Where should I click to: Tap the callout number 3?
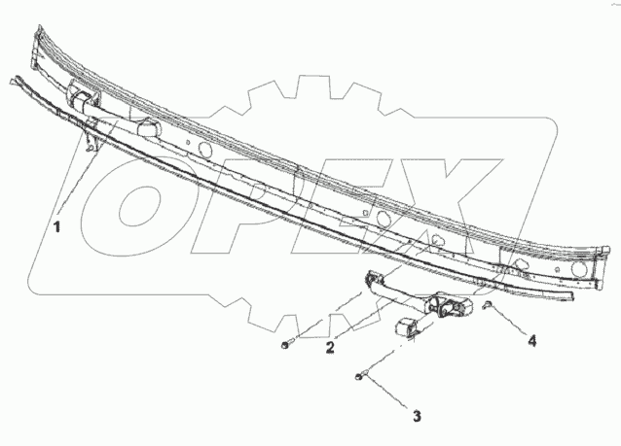[x=417, y=417]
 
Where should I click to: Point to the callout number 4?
[x=533, y=340]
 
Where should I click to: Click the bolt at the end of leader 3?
[x=361, y=376]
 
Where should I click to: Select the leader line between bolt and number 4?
[x=508, y=323]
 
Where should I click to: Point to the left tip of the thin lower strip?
[x=12, y=77]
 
